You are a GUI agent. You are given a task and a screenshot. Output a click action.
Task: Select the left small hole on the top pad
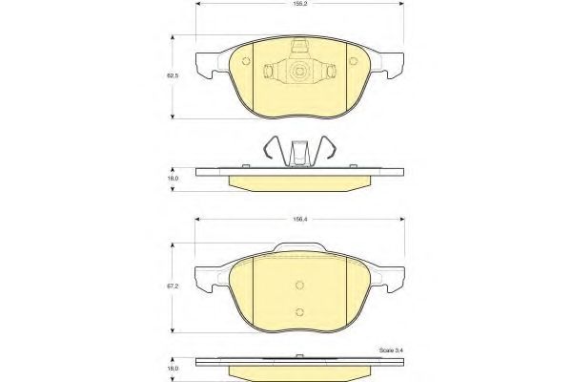(247, 64)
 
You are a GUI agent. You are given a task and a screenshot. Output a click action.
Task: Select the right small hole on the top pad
(352, 64)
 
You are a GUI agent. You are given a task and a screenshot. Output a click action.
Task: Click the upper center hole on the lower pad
(299, 284)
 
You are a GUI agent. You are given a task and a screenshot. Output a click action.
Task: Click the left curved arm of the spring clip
(272, 150)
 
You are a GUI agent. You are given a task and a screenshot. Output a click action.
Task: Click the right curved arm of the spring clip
(329, 150)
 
